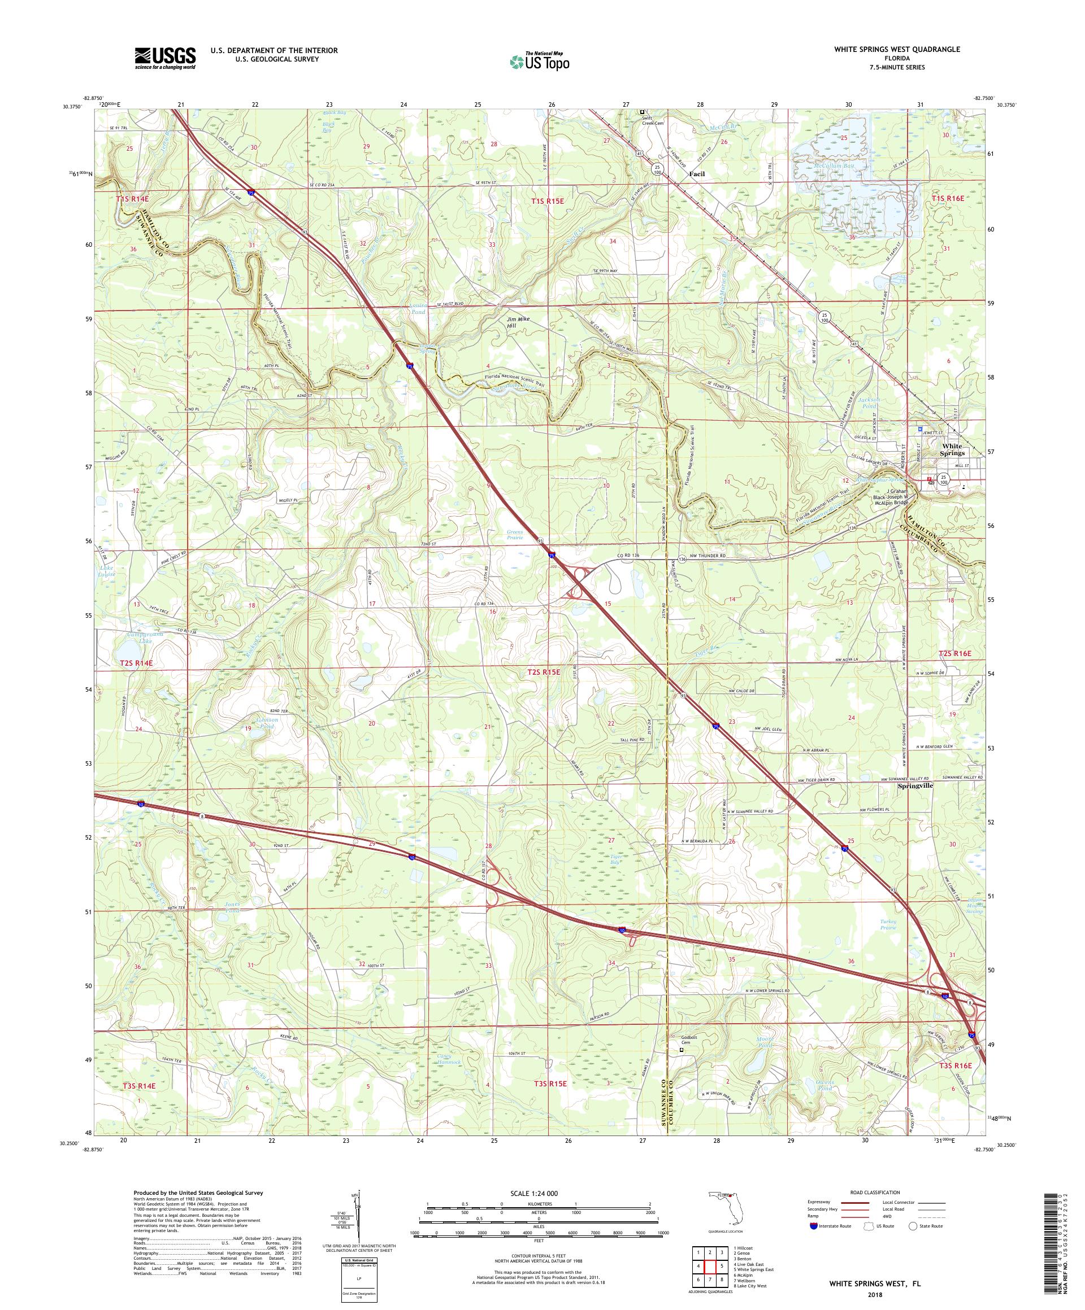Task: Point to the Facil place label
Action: click(696, 174)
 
